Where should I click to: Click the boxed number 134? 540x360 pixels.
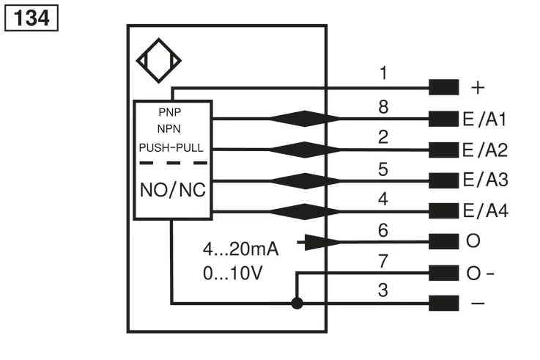(x=32, y=18)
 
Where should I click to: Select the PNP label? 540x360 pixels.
(x=170, y=112)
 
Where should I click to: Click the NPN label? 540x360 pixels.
(x=169, y=129)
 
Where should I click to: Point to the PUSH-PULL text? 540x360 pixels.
(x=171, y=148)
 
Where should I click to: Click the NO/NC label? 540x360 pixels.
(x=173, y=190)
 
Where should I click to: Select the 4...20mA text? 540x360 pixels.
(x=241, y=249)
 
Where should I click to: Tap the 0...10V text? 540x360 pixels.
(x=233, y=273)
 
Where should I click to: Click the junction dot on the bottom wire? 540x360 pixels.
(x=297, y=304)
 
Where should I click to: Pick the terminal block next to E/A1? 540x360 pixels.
(x=443, y=119)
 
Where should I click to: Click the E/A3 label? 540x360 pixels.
(x=486, y=180)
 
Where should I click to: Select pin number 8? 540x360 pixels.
(x=383, y=107)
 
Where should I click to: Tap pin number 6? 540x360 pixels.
(x=383, y=230)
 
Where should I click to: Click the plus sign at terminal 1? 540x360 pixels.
(x=478, y=87)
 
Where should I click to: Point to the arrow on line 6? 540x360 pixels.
(x=319, y=242)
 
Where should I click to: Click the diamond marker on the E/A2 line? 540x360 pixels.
(x=305, y=150)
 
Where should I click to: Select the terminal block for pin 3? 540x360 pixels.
(x=443, y=303)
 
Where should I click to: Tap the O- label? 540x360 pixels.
(x=480, y=273)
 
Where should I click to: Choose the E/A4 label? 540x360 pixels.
(x=486, y=210)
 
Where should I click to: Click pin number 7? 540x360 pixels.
(x=383, y=261)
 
